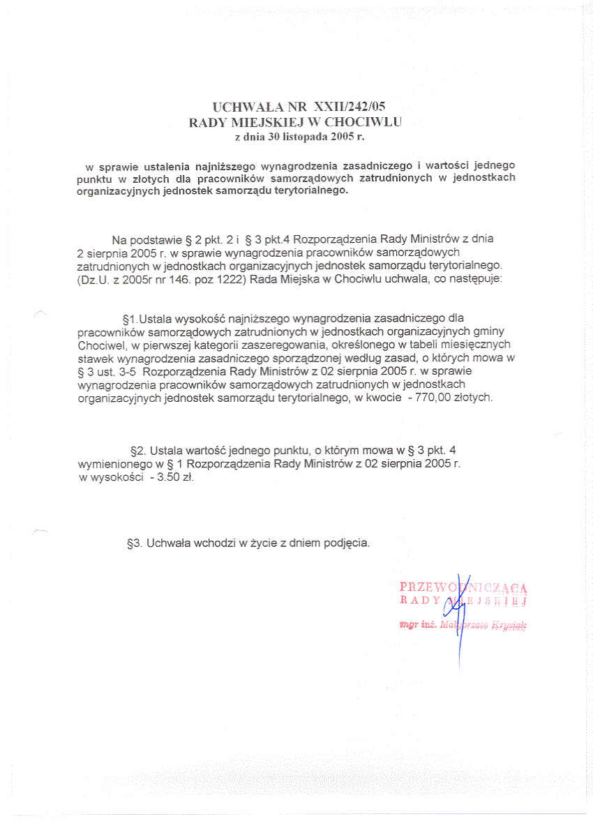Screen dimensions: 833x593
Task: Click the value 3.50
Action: (170, 478)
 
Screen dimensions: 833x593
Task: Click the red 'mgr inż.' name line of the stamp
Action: (463, 626)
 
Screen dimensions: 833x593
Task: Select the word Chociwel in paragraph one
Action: (98, 344)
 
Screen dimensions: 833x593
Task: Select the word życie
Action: (257, 542)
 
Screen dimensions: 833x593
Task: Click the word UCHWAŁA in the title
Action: (248, 107)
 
